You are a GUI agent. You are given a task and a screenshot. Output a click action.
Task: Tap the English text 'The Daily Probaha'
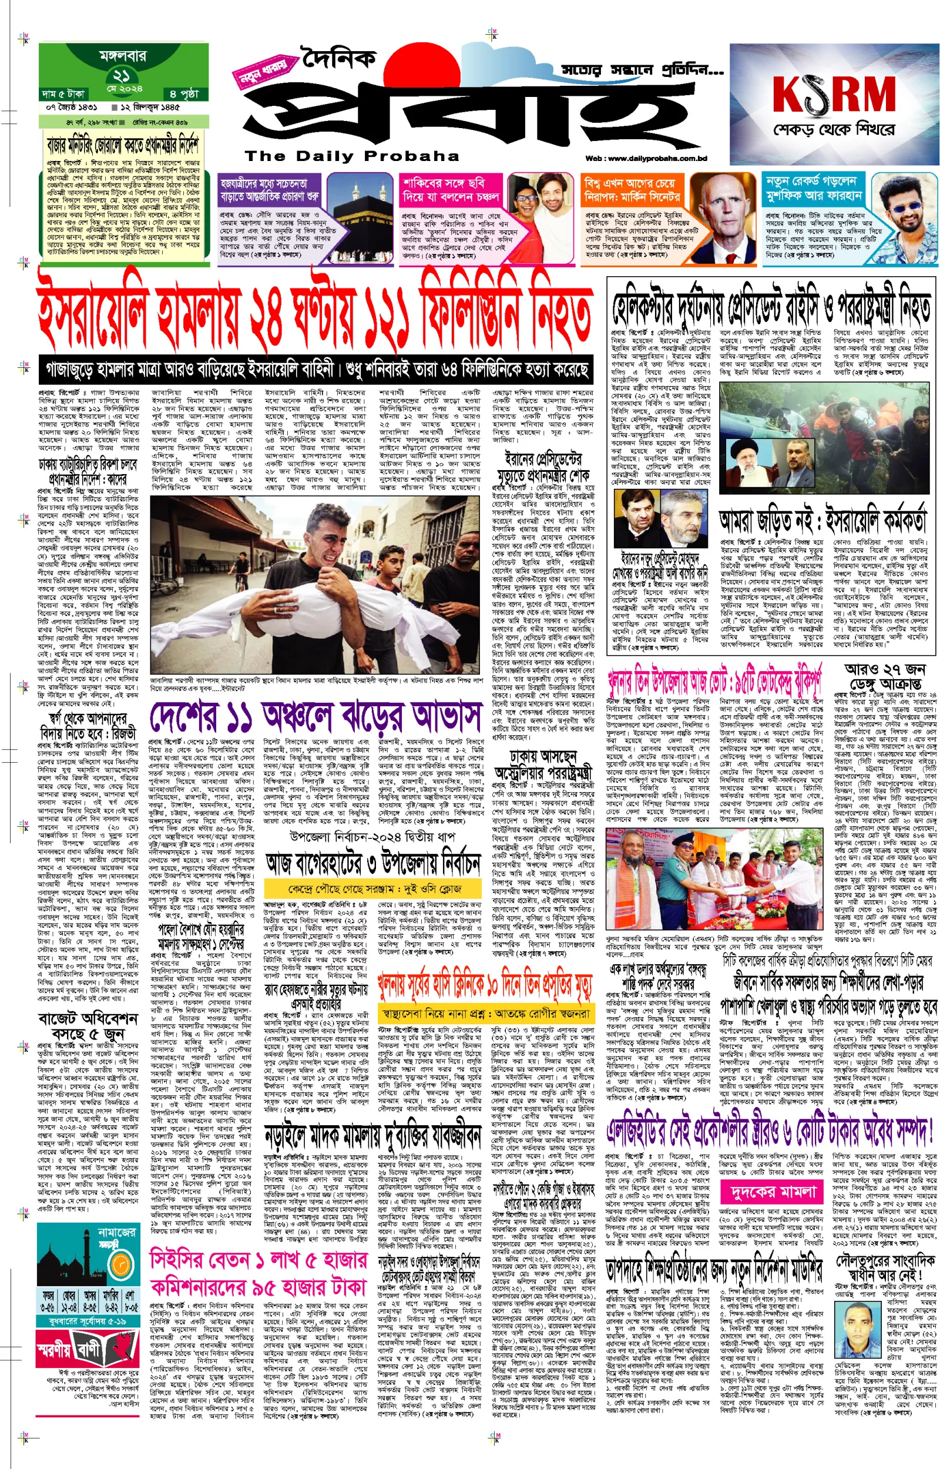click(351, 156)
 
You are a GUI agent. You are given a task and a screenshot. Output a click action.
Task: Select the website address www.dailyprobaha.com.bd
click(646, 159)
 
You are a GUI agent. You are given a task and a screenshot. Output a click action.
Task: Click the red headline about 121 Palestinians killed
click(314, 316)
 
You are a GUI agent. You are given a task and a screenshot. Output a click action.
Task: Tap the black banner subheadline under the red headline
click(316, 369)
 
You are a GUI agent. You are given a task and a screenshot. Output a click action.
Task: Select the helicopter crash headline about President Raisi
click(771, 310)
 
